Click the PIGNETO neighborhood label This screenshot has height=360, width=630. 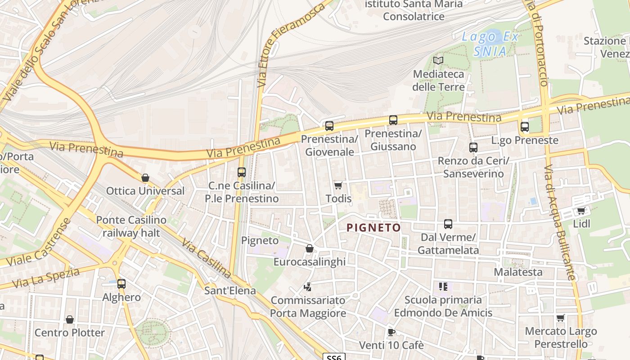[x=373, y=228]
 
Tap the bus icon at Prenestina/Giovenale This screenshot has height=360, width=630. [x=329, y=126]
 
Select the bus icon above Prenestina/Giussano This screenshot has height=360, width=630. [x=393, y=120]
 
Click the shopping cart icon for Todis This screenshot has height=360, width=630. [x=338, y=185]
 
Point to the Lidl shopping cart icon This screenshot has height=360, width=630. [x=581, y=211]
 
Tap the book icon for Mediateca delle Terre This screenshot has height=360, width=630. [x=438, y=60]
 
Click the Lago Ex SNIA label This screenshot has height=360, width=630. [x=490, y=44]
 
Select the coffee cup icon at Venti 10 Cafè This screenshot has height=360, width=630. [x=391, y=332]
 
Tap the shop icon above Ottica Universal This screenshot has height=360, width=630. [x=145, y=178]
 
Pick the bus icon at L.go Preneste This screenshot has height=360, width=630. [x=525, y=127]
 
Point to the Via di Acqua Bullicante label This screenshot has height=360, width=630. [x=559, y=223]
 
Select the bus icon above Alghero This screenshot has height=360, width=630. [x=121, y=284]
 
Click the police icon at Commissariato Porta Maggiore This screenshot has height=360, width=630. [x=308, y=287]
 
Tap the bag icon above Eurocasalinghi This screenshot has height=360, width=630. [x=310, y=248]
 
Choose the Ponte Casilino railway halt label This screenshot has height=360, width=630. [x=131, y=226]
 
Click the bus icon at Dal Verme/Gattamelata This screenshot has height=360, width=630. [x=448, y=224]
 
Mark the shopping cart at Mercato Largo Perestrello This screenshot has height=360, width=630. [x=560, y=318]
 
